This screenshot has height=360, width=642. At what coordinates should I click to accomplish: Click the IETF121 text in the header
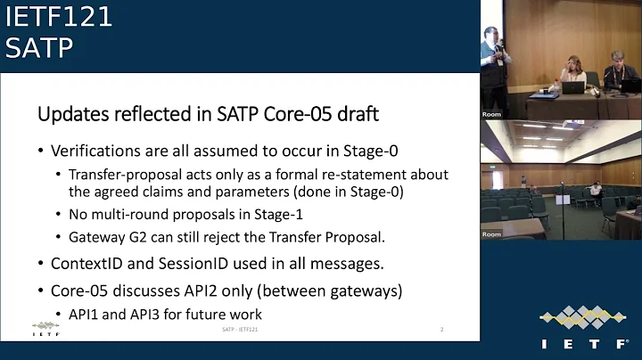point(59,18)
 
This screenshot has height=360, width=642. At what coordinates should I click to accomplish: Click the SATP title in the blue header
point(39,48)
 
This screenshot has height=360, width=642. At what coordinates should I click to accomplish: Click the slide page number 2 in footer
point(442,330)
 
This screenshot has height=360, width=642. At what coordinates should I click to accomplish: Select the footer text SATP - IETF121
point(240,330)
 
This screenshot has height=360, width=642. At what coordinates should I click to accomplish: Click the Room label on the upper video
point(491,114)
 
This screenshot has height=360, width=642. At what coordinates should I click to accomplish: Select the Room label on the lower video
point(491,233)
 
